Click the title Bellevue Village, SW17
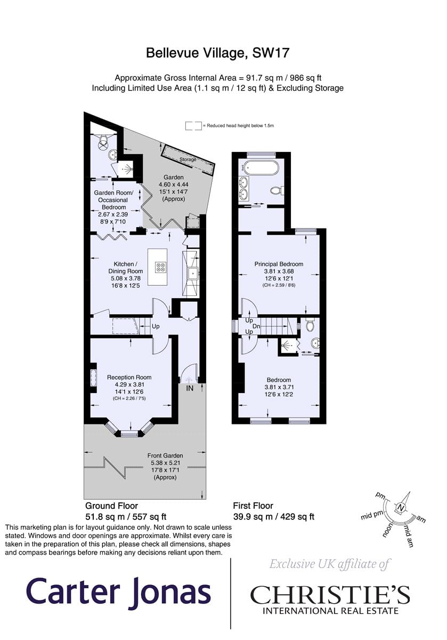pos(217,53)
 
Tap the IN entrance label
pos(190,388)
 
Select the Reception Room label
pos(129,378)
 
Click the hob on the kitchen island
pos(161,267)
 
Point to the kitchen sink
pos(193,273)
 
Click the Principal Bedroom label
pos(279,265)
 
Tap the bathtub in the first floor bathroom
pos(260,168)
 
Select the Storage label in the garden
pos(188,159)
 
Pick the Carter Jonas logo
pos(118,590)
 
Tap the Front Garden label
pos(165,455)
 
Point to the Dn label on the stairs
pos(256,326)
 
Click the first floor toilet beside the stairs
pos(310,325)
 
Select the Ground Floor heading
pos(111,506)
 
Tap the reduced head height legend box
pos(193,126)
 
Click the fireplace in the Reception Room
pos(93,378)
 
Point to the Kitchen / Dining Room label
pos(125,267)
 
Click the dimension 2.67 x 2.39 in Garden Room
pos(113,214)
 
